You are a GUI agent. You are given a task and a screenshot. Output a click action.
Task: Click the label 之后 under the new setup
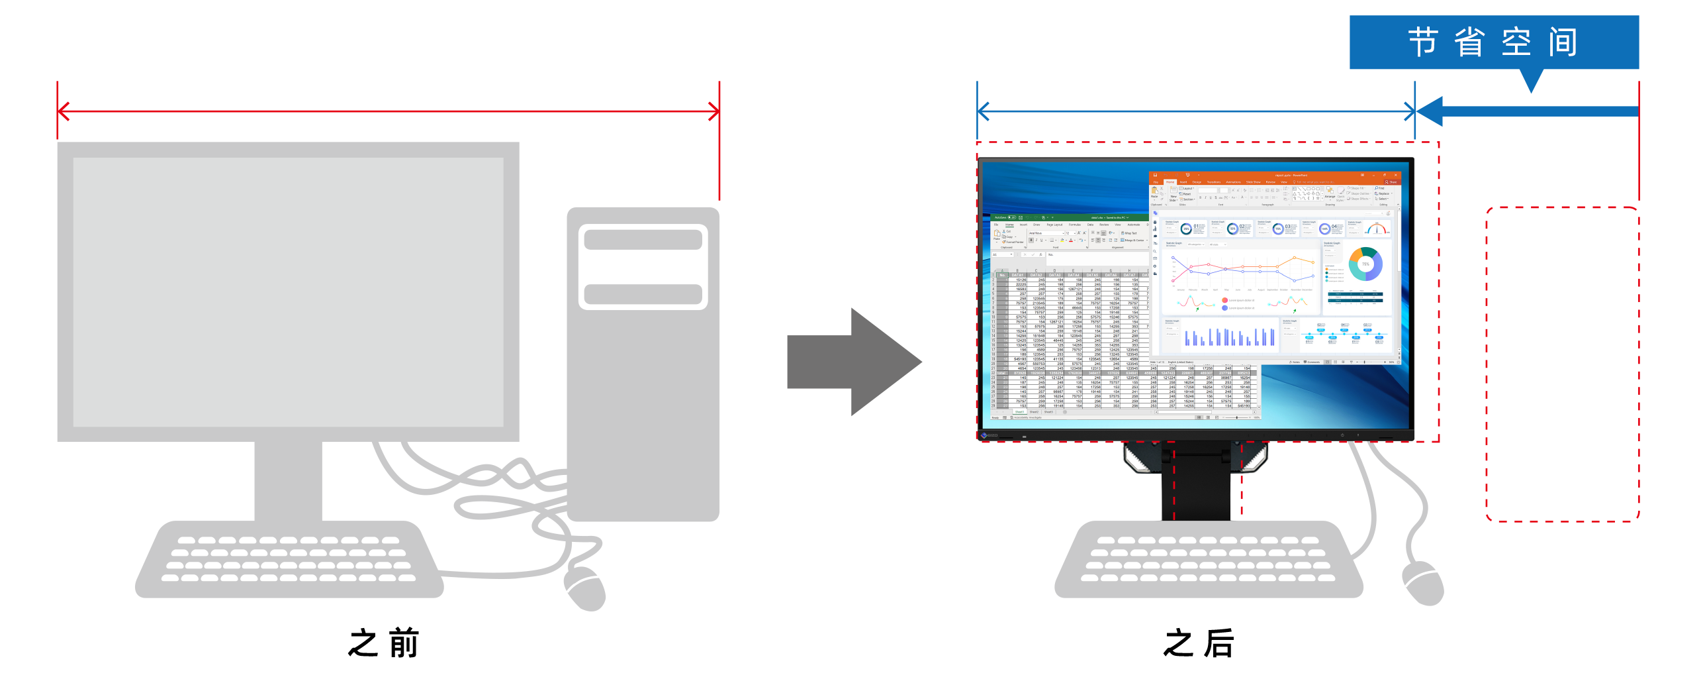click(x=1199, y=643)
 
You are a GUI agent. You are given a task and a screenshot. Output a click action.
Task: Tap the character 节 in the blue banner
click(x=1423, y=42)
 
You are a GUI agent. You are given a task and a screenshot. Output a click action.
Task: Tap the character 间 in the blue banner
click(x=1563, y=42)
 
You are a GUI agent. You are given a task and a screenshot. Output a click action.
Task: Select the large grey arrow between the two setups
click(x=854, y=362)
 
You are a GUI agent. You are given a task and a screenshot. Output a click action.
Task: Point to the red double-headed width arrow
click(x=389, y=111)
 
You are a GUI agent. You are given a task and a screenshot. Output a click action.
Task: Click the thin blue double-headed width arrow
click(x=1195, y=111)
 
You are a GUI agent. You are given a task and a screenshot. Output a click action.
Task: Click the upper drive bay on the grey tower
click(x=643, y=240)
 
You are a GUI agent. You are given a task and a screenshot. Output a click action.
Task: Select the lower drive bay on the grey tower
click(x=643, y=294)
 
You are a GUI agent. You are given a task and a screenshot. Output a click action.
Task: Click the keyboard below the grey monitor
click(x=289, y=560)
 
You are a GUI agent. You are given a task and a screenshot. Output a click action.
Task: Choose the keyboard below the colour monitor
click(x=1209, y=560)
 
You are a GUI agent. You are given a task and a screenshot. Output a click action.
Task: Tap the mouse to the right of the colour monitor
click(x=1424, y=583)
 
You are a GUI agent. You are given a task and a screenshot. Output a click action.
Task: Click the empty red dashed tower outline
click(x=1561, y=364)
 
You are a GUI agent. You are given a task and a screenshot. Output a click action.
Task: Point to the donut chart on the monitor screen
click(x=1365, y=264)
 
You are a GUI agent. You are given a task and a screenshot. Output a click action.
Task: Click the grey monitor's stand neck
click(x=289, y=480)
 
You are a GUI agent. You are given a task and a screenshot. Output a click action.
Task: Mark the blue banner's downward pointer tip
click(x=1531, y=89)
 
